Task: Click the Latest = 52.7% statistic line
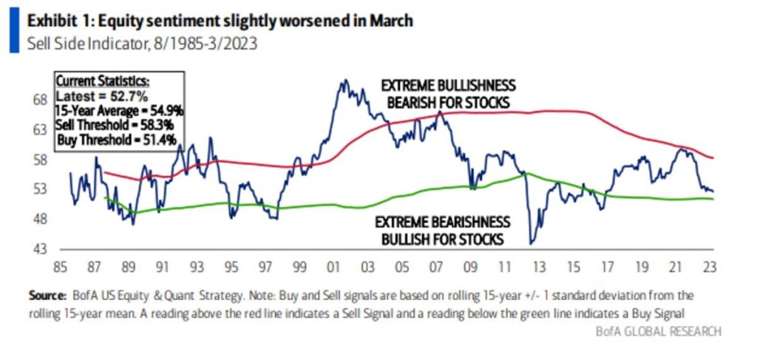[97, 97]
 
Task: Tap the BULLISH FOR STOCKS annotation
[442, 239]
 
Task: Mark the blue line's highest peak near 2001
[342, 81]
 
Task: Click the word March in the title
[392, 20]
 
